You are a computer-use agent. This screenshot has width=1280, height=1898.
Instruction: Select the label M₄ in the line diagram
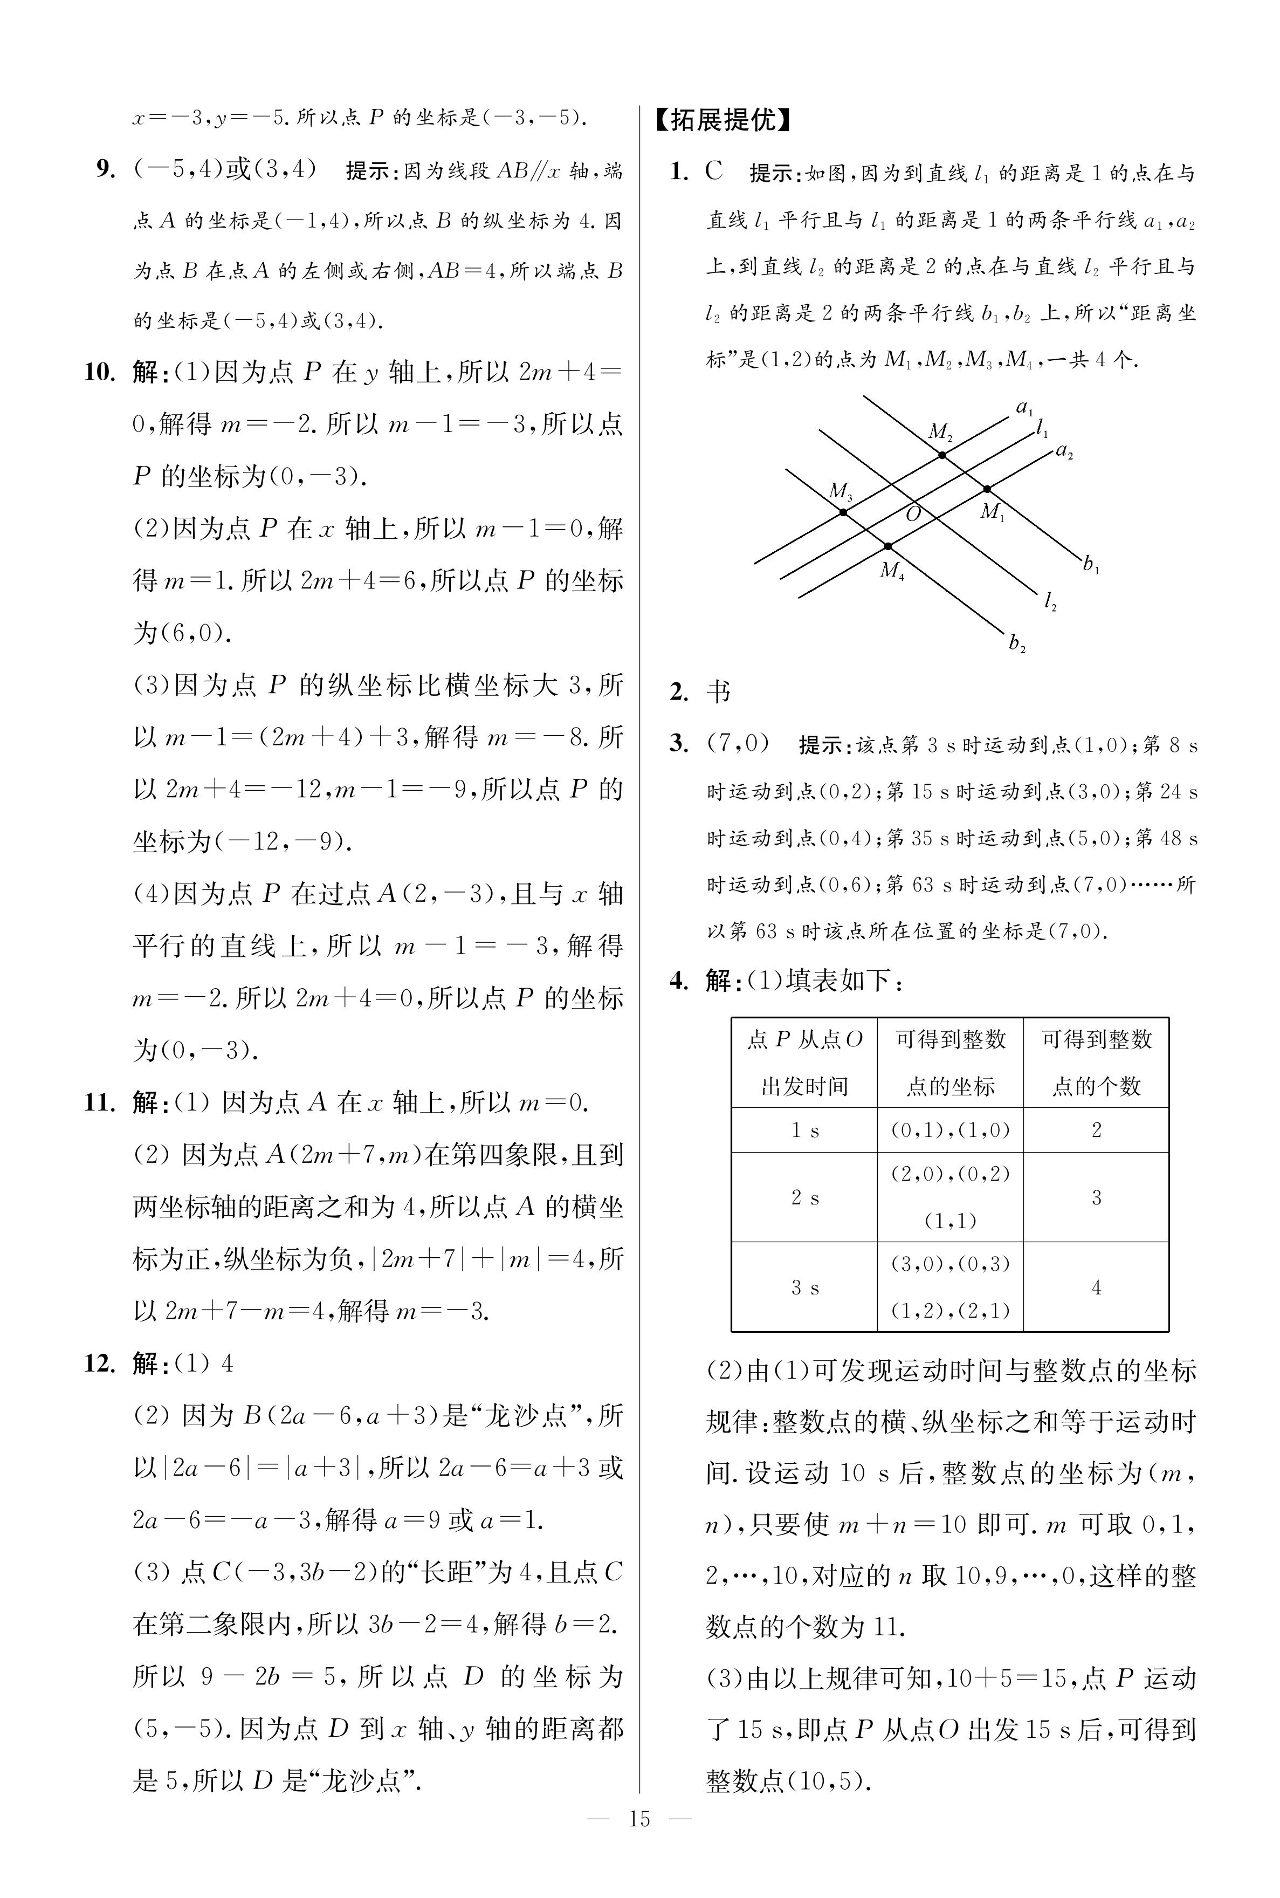point(892,570)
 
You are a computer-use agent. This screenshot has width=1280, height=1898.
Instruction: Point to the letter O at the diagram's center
point(913,513)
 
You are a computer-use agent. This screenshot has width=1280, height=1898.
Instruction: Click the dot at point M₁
point(987,489)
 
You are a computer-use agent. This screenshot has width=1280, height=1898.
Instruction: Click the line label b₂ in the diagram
point(1016,644)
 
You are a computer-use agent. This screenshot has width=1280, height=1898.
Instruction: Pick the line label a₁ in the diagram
point(1024,407)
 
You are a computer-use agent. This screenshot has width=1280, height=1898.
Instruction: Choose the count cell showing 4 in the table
point(1096,1287)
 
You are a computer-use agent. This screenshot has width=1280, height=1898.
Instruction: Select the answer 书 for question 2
point(718,692)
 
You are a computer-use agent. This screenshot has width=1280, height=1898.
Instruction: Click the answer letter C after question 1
point(714,172)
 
